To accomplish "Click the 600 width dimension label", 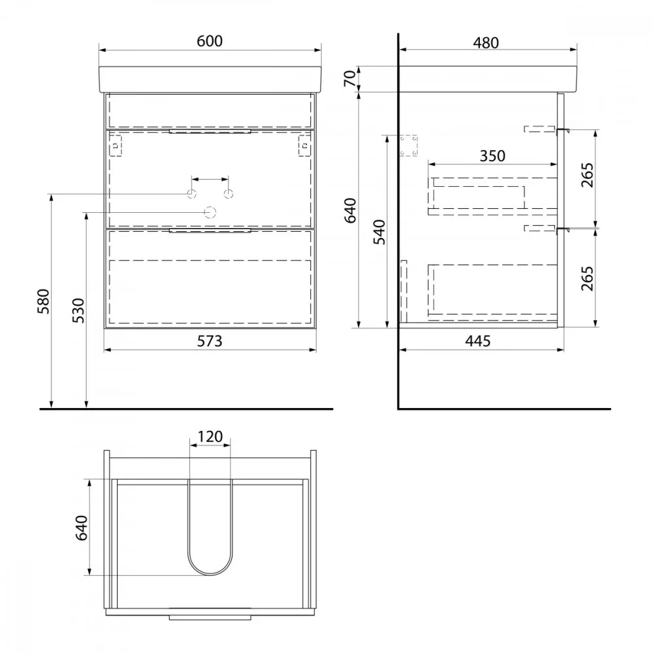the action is pyautogui.click(x=210, y=40).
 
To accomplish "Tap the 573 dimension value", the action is pyautogui.click(x=210, y=341).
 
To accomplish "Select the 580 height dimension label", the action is pyautogui.click(x=43, y=301).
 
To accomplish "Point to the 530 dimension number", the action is pyautogui.click(x=78, y=310).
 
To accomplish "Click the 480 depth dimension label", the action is pyautogui.click(x=486, y=42).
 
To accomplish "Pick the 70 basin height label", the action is pyautogui.click(x=350, y=78).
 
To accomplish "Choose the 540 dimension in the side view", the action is pyautogui.click(x=379, y=232).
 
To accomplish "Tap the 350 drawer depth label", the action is pyautogui.click(x=492, y=156).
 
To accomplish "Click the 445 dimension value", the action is pyautogui.click(x=478, y=341).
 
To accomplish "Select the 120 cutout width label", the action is pyautogui.click(x=210, y=436).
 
